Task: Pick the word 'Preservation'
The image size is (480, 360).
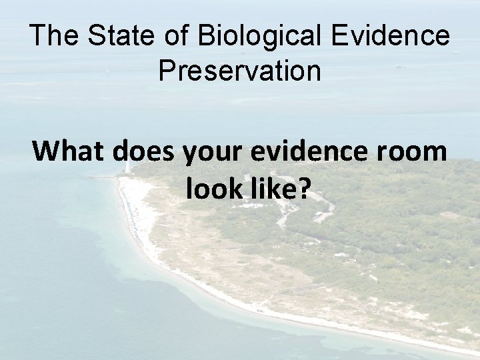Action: (x=240, y=71)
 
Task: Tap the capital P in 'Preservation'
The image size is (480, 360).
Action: (x=167, y=71)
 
